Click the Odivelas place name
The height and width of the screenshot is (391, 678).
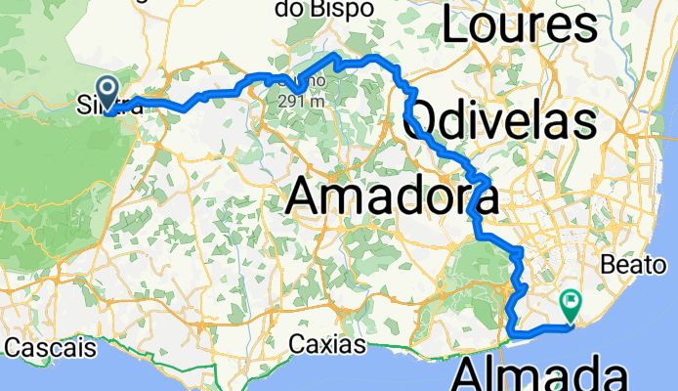click(x=505, y=122)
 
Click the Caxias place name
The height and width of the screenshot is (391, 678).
click(x=327, y=345)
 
